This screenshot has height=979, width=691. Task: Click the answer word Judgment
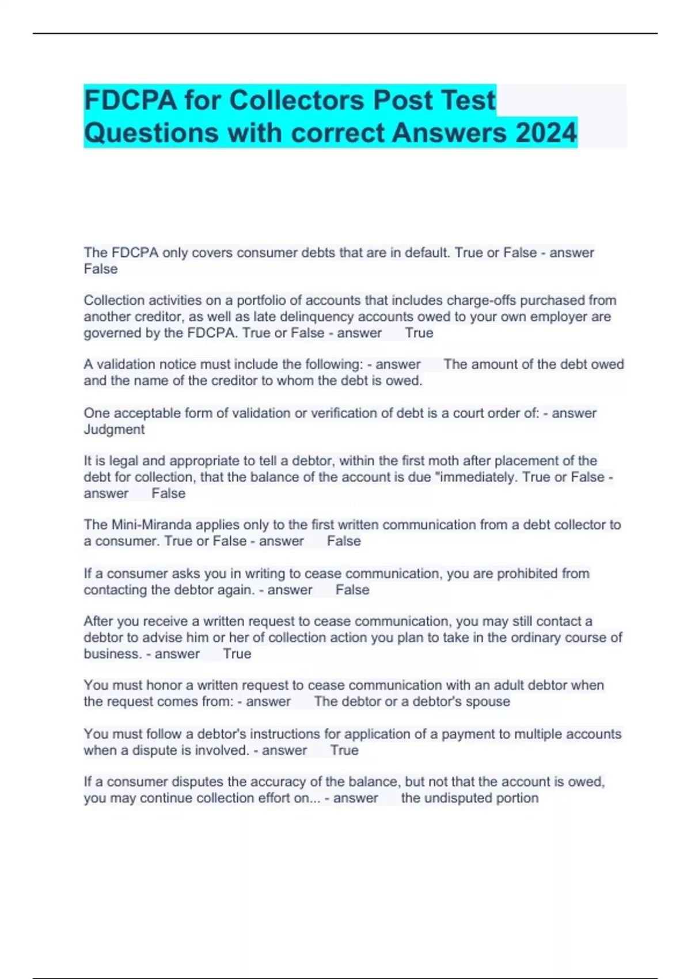coord(114,430)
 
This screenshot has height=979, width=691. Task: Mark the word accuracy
coord(280,782)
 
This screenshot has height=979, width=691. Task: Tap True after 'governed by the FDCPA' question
coord(419,333)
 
